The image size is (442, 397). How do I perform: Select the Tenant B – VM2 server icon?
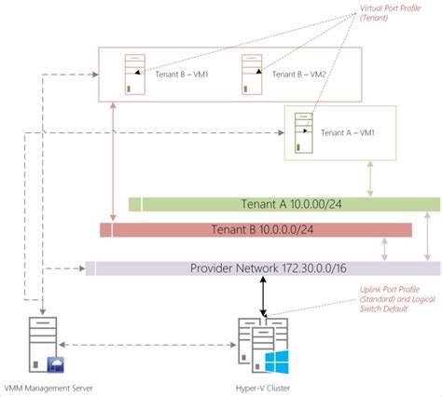tap(250, 75)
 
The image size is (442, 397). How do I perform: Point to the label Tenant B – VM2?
tap(296, 74)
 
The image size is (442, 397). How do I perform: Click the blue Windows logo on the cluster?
tap(277, 362)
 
